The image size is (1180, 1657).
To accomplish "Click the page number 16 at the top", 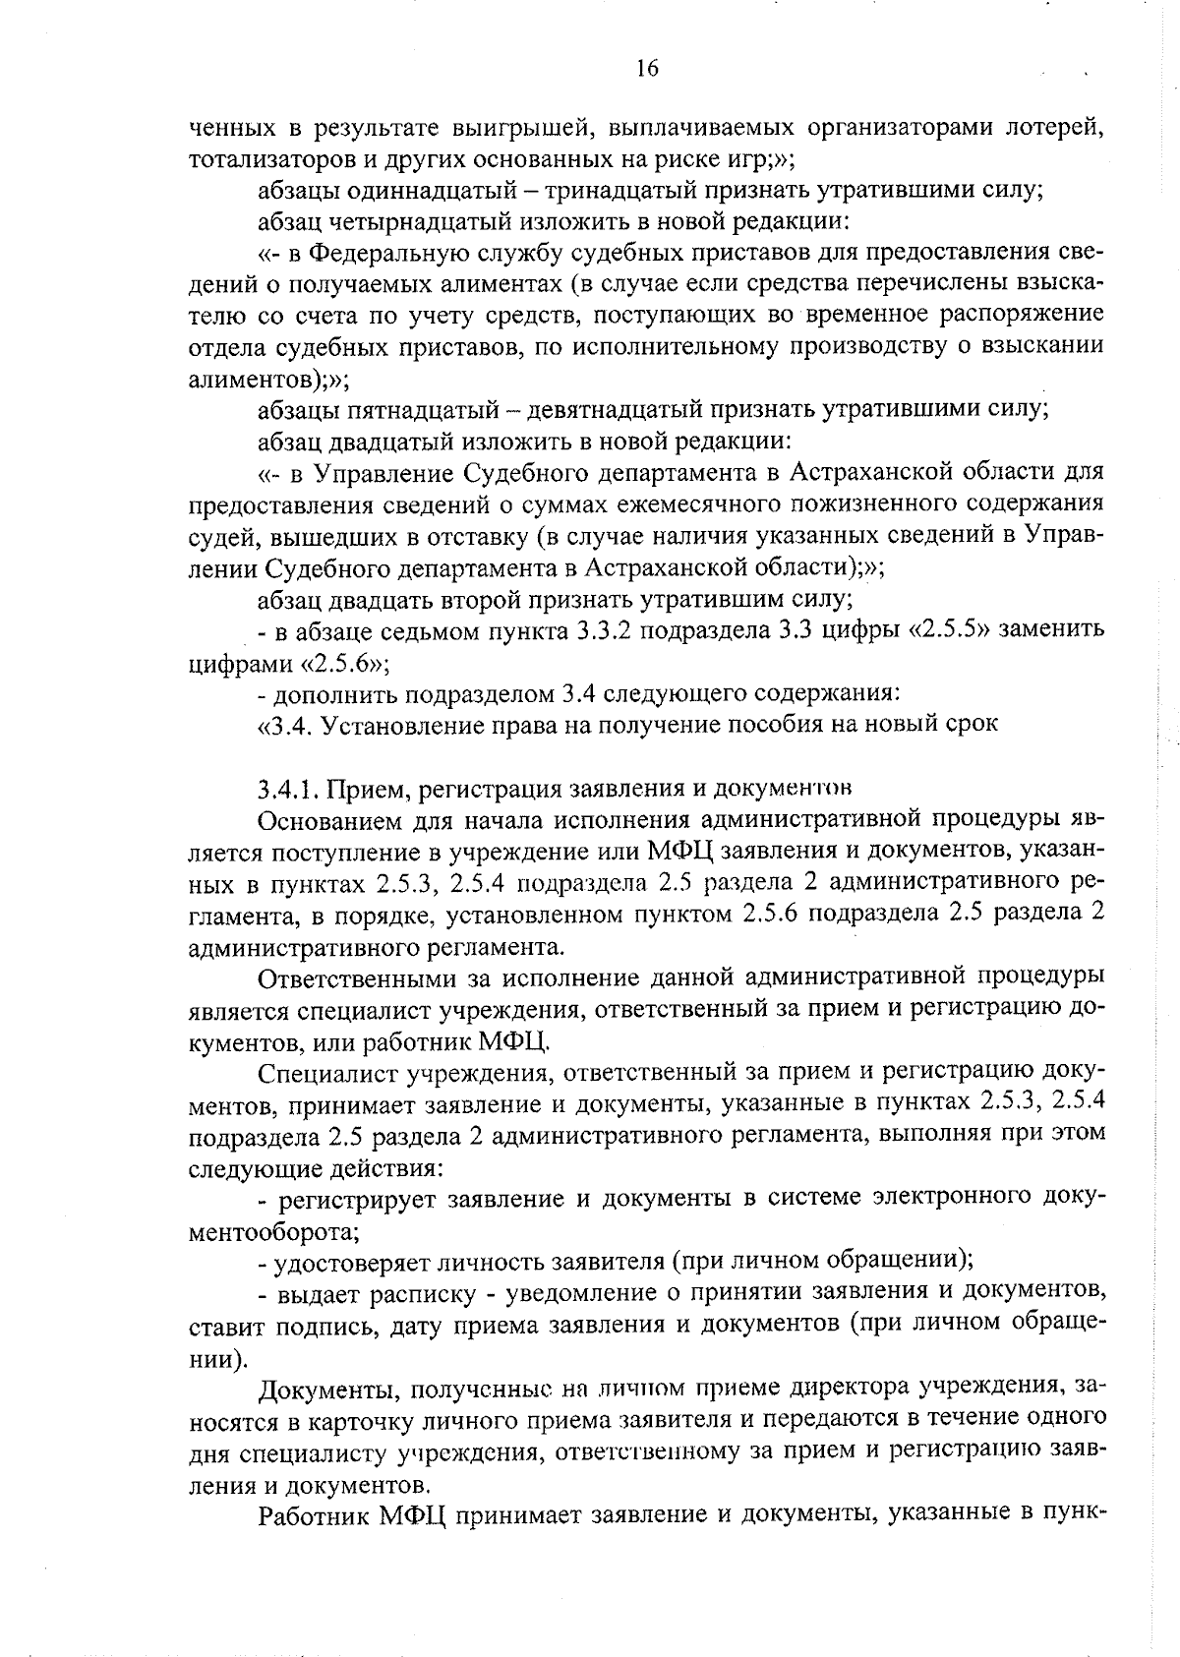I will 646,68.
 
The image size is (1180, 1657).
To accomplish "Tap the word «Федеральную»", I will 384,253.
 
